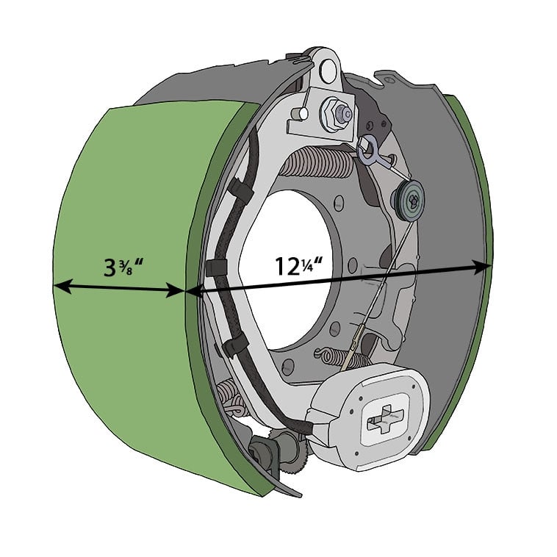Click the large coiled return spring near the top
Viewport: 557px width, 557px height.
pos(317,163)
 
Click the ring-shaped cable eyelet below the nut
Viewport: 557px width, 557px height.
pos(367,151)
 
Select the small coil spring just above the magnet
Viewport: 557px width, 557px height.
pos(346,359)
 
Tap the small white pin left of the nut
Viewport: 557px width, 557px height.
pos(299,115)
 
